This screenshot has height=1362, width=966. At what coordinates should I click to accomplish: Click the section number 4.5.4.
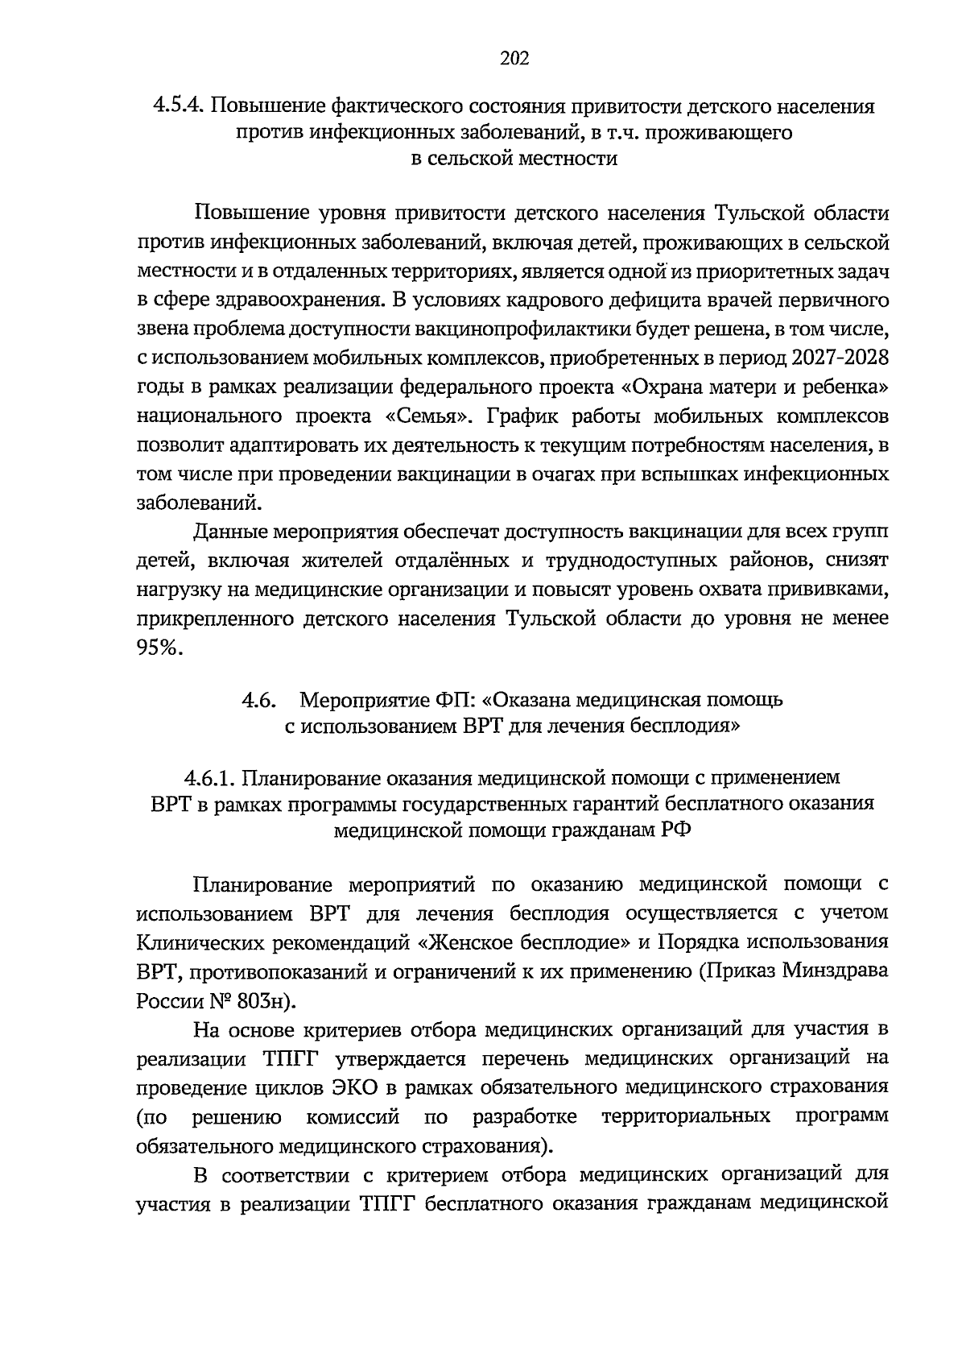[x=180, y=106]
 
